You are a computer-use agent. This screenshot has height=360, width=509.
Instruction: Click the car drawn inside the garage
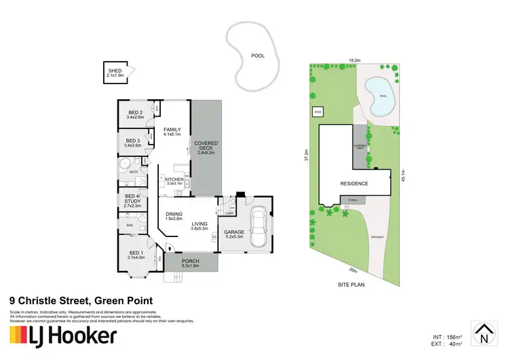pos(257,227)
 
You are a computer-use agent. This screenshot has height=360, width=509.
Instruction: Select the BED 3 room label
pos(132,143)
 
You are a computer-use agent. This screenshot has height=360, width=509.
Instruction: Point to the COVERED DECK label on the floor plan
pos(206,147)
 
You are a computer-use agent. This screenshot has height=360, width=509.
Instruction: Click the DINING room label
pos(174,217)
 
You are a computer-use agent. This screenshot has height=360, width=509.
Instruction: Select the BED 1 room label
pos(136,255)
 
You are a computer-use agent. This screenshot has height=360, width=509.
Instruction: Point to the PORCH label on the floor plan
pos(190,261)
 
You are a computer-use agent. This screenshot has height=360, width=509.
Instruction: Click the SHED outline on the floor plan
pos(115,72)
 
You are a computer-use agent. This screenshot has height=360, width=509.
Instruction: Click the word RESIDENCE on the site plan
pos(354,183)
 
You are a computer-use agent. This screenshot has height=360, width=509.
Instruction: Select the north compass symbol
pos(483,333)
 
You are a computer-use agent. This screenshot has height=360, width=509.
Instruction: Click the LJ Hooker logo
pos(62,336)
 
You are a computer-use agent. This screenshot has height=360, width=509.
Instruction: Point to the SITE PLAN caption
pos(352,285)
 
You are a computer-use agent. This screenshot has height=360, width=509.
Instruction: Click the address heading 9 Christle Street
pos(80,300)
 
